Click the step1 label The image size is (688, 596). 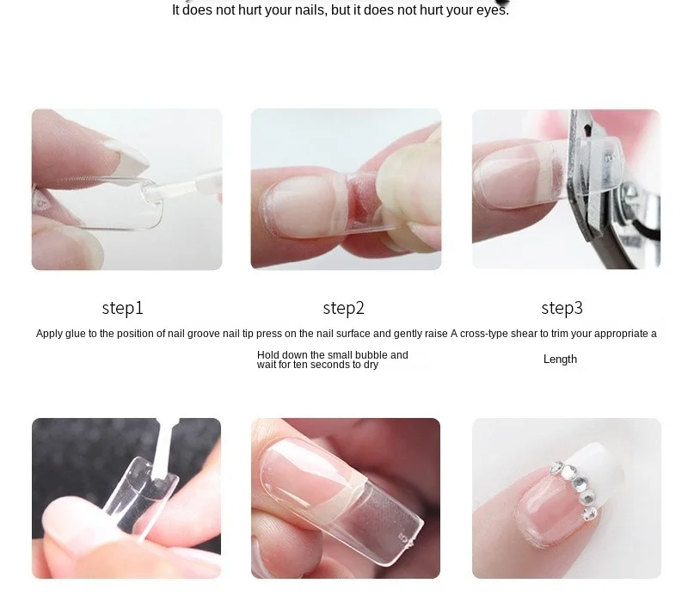122,308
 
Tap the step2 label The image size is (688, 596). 343,308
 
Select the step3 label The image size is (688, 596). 562,308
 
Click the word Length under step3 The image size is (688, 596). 560,359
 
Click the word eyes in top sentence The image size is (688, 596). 491,10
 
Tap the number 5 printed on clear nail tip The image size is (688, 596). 402,538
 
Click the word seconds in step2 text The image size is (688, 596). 329,365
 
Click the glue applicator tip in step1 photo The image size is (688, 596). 148,193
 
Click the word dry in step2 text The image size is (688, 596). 371,365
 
